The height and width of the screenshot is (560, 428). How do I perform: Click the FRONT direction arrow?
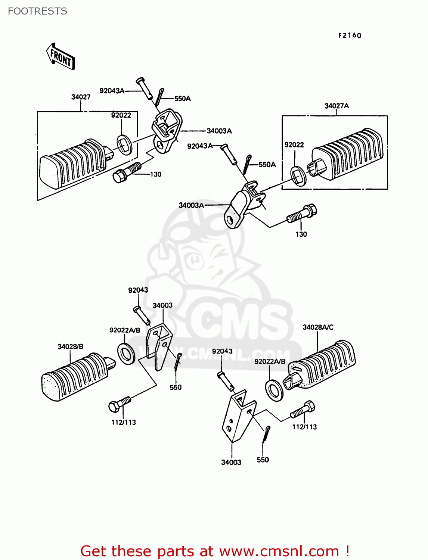pyautogui.click(x=61, y=57)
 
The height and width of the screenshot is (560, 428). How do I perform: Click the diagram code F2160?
pyautogui.click(x=350, y=35)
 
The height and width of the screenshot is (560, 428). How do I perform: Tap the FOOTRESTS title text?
pyautogui.click(x=37, y=11)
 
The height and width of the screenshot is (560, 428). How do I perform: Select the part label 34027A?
pyautogui.click(x=336, y=106)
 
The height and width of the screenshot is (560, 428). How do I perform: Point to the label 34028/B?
pyautogui.click(x=70, y=347)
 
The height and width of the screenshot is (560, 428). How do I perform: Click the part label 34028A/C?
pyautogui.click(x=318, y=327)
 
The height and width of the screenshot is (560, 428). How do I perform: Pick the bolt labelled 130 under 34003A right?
pyautogui.click(x=302, y=214)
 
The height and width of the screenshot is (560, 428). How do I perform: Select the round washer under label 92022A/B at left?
pyautogui.click(x=126, y=353)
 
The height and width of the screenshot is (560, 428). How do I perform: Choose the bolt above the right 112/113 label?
pyautogui.click(x=303, y=410)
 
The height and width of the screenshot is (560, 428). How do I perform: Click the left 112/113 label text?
pyautogui.click(x=124, y=423)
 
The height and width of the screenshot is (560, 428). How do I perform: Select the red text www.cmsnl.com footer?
pyautogui.click(x=215, y=551)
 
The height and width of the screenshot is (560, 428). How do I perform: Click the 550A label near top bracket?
pyautogui.click(x=182, y=99)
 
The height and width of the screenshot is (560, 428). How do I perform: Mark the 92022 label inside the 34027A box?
pyautogui.click(x=294, y=145)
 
